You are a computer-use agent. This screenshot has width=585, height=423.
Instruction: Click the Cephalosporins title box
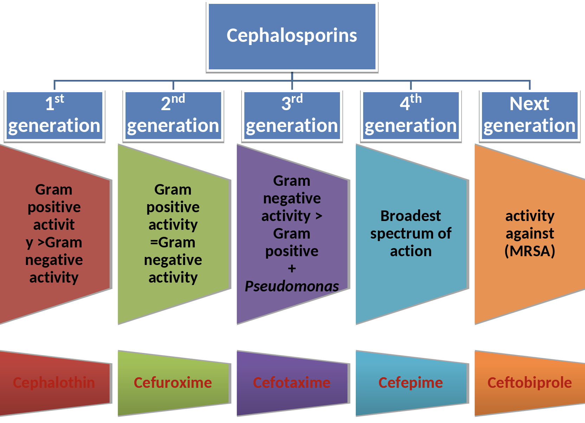pyautogui.click(x=292, y=36)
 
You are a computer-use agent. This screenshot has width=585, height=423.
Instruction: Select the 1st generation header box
pyautogui.click(x=54, y=115)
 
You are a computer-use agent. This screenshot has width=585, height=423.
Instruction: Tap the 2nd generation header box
pyautogui.click(x=173, y=115)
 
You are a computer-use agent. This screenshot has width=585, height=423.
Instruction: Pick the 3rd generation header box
pyautogui.click(x=292, y=115)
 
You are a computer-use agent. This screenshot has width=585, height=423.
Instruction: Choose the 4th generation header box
pyautogui.click(x=411, y=115)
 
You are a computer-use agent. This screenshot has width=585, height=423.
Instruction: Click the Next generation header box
pyautogui.click(x=529, y=115)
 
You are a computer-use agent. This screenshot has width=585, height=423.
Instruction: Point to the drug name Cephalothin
pyautogui.click(x=54, y=383)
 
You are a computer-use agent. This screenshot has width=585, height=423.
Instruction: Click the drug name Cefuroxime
pyautogui.click(x=173, y=383)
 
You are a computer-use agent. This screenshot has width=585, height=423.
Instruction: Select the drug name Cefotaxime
pyautogui.click(x=291, y=383)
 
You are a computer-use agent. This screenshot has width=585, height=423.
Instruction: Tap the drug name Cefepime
pyautogui.click(x=410, y=383)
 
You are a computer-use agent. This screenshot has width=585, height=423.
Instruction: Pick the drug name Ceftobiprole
pyautogui.click(x=529, y=383)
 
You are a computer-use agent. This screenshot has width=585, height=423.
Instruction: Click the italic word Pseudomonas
pyautogui.click(x=292, y=286)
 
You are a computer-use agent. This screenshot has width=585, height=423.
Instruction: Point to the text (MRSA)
pyautogui.click(x=529, y=251)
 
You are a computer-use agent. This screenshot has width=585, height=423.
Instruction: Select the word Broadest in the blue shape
pyautogui.click(x=410, y=216)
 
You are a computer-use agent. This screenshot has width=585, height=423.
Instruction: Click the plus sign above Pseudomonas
pyautogui.click(x=292, y=269)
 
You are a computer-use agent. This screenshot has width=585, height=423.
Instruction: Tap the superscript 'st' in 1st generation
pyautogui.click(x=59, y=99)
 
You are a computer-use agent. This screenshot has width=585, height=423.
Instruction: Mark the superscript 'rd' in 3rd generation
pyautogui.click(x=297, y=99)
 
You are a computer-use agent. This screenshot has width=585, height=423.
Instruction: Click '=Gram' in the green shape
pyautogui.click(x=173, y=242)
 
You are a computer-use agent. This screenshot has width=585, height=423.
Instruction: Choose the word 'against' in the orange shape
pyautogui.click(x=529, y=234)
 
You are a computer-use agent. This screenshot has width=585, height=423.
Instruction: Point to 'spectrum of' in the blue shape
pyautogui.click(x=411, y=234)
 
